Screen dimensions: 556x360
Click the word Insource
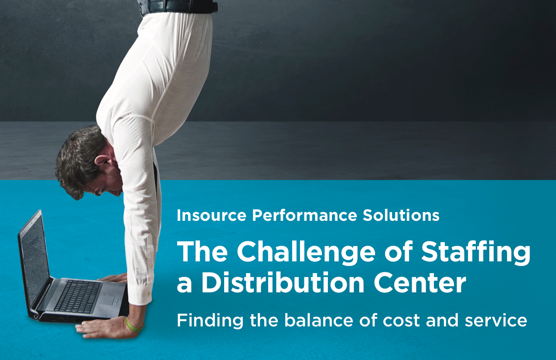(211, 215)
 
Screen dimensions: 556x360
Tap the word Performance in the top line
(304, 215)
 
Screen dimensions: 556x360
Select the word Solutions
(401, 215)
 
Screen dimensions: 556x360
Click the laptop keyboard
(78, 297)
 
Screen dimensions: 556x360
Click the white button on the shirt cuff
(149, 294)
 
